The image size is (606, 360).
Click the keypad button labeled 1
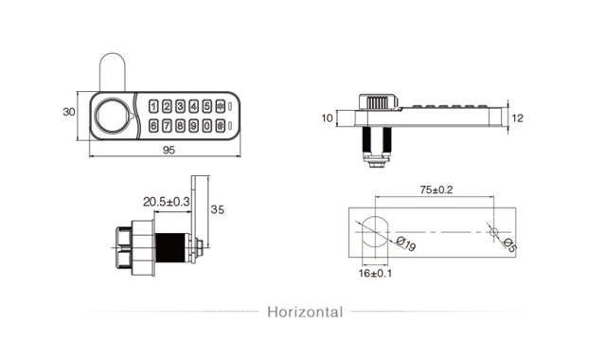[153, 107]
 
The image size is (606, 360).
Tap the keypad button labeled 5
[206, 107]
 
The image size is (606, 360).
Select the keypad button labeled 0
[206, 125]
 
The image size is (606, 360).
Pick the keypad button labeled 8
[180, 125]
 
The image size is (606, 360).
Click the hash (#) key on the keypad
[221, 125]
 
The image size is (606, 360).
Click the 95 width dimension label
[168, 150]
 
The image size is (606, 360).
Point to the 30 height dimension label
[68, 112]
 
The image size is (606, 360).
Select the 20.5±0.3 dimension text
[167, 202]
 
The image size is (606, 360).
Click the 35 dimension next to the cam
[217, 209]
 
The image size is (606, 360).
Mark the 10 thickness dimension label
[328, 118]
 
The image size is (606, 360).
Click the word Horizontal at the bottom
[305, 312]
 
